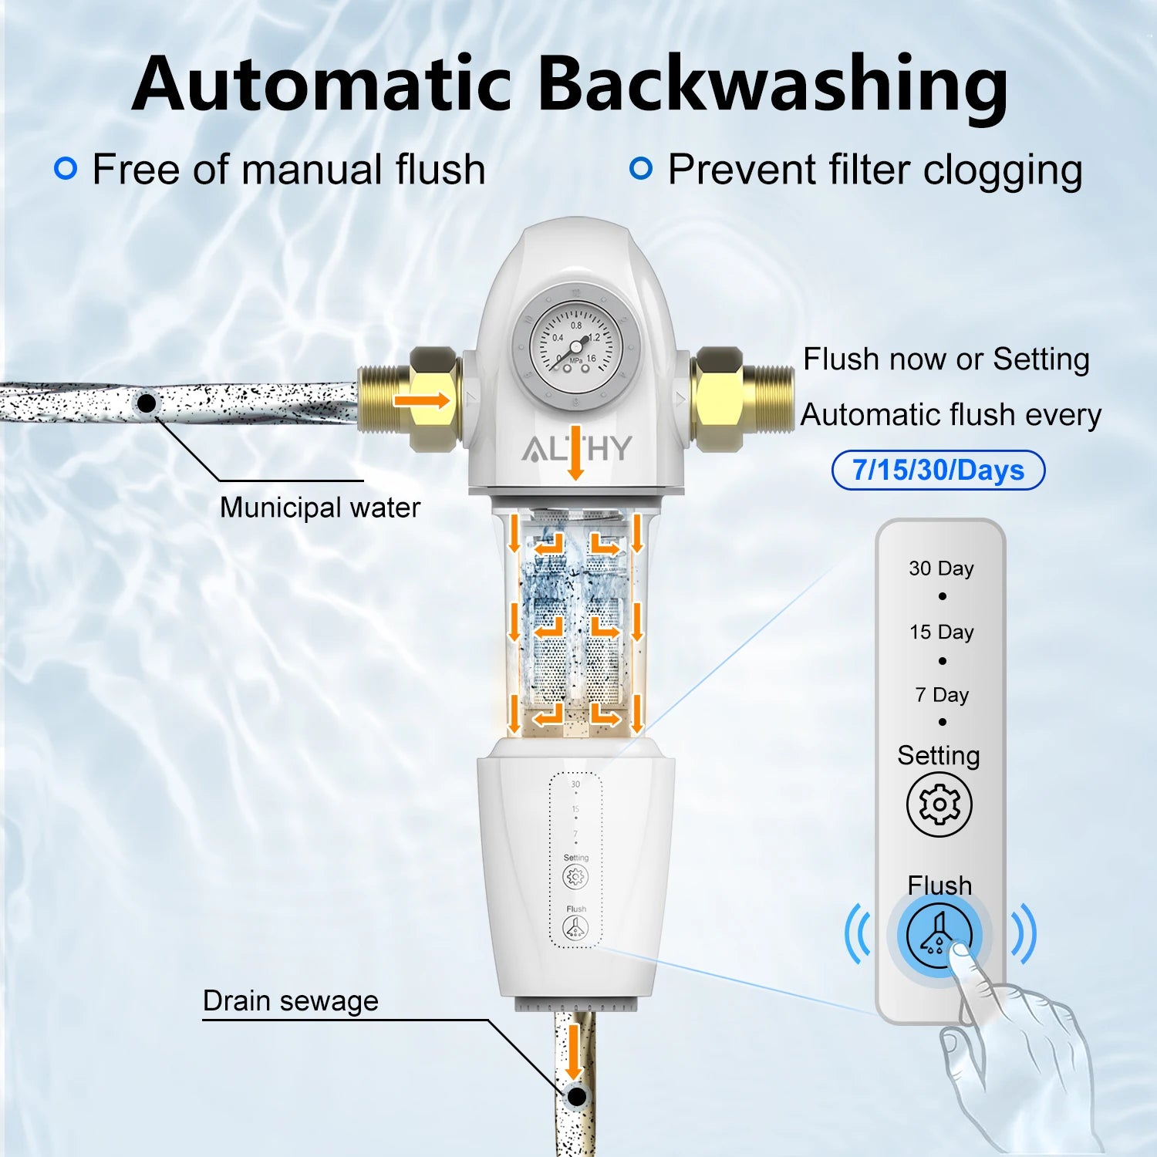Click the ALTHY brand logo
[x=576, y=448]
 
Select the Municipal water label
[x=319, y=508]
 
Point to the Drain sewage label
[x=290, y=1000]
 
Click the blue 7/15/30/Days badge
[x=938, y=470]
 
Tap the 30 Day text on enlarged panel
[x=941, y=568]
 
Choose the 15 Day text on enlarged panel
[x=941, y=632]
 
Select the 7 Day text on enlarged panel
[x=941, y=695]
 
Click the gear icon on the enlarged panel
[x=939, y=805]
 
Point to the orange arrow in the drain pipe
[x=573, y=1054]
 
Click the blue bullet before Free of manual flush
[x=66, y=168]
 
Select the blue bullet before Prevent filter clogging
[x=641, y=168]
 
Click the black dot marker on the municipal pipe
[x=147, y=403]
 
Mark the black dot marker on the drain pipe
[x=575, y=1096]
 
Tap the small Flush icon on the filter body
[x=575, y=928]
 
